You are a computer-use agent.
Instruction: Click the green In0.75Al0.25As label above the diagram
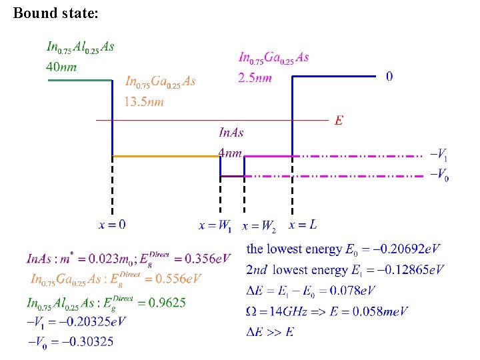pyautogui.click(x=79, y=47)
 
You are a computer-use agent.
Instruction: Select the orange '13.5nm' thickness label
pyautogui.click(x=143, y=102)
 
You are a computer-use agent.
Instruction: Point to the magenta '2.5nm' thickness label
pyautogui.click(x=255, y=78)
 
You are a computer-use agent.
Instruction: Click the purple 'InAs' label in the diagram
pyautogui.click(x=231, y=133)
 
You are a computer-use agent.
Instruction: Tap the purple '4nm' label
pyautogui.click(x=230, y=153)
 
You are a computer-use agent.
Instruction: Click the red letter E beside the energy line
pyautogui.click(x=339, y=121)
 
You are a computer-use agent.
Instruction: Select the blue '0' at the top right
pyautogui.click(x=389, y=77)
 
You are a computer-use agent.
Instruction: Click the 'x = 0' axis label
pyautogui.click(x=112, y=225)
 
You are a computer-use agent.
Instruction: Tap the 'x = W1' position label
pyautogui.click(x=215, y=226)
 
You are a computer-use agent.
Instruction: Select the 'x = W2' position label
pyautogui.click(x=259, y=226)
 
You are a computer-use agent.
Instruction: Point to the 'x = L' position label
pyautogui.click(x=303, y=225)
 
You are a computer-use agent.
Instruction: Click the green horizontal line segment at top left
pyautogui.click(x=79, y=80)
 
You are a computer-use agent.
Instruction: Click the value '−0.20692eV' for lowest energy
pyautogui.click(x=402, y=250)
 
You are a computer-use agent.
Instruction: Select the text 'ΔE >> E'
pyautogui.click(x=270, y=331)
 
